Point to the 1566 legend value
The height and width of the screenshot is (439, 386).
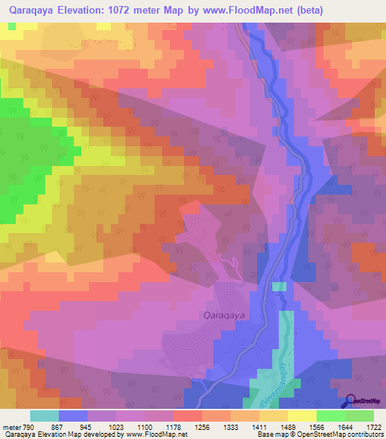330,427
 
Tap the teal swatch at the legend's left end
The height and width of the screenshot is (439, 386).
44,416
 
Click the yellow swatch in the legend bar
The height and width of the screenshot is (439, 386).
302,416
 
